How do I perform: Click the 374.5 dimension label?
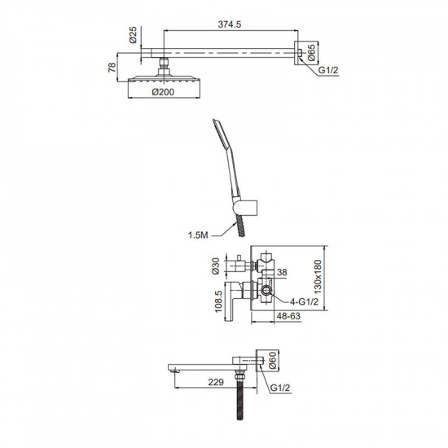tap(230, 24)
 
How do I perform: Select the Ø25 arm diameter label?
tap(133, 35)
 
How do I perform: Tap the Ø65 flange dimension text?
tap(311, 53)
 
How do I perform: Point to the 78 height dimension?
tap(112, 67)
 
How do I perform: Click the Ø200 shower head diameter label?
tap(163, 92)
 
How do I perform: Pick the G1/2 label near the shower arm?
tap(328, 70)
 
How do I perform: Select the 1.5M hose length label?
tap(198, 235)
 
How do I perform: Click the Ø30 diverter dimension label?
tap(216, 266)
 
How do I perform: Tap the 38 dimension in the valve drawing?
tap(282, 272)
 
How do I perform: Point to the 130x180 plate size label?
tap(318, 277)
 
